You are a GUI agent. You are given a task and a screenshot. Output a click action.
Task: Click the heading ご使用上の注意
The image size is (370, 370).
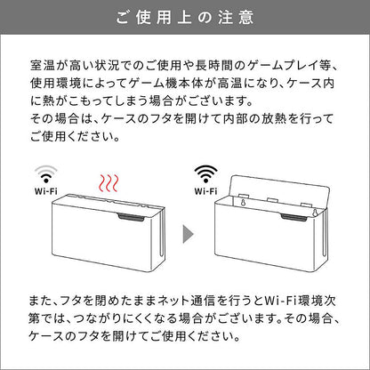[x=185, y=17]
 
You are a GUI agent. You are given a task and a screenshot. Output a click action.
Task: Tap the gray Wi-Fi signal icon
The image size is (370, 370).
[x=46, y=173]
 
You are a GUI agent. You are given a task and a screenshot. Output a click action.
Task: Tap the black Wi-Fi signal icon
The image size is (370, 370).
[x=205, y=173]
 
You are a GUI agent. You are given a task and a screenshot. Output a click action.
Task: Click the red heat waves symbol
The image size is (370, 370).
[x=109, y=183]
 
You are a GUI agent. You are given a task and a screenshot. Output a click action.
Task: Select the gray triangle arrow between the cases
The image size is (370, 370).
[x=188, y=234]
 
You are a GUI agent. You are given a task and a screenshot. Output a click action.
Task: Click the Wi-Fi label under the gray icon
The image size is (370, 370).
[x=46, y=190]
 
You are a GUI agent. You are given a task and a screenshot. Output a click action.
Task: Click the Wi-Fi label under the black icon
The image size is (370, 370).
[x=205, y=190]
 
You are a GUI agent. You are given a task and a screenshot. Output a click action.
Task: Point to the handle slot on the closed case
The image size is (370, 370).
[x=132, y=218]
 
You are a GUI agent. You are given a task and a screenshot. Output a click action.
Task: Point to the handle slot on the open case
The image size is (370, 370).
[x=294, y=218]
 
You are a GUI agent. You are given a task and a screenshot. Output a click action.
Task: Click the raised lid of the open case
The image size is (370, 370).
[x=280, y=190]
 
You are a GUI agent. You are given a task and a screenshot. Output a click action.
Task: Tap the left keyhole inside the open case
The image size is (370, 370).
[x=243, y=202]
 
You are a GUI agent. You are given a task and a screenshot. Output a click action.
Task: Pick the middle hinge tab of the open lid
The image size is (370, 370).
[x=273, y=199]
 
